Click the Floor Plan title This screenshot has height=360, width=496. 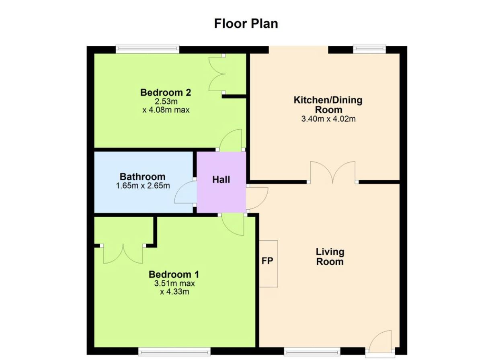(246, 24)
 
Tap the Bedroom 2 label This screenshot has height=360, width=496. (166, 92)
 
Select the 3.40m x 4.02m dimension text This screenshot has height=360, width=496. (328, 119)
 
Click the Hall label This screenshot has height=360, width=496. (221, 180)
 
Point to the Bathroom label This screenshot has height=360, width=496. (143, 177)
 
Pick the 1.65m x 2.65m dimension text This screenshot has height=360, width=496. (143, 186)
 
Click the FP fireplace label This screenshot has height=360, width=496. (267, 261)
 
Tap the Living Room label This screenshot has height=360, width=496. (330, 257)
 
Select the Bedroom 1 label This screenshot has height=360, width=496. (174, 274)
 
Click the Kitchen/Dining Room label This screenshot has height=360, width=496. (328, 105)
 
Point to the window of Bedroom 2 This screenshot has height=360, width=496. (147, 49)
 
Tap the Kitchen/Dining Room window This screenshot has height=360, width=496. (369, 49)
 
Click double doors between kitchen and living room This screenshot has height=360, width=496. (332, 173)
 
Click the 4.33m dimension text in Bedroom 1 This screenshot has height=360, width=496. (174, 292)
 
